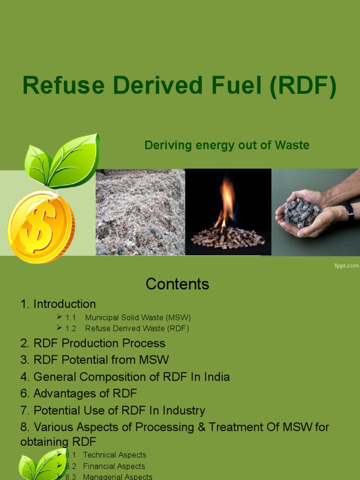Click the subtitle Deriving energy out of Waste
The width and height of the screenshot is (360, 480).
227,145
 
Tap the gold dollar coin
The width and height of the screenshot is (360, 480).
40,226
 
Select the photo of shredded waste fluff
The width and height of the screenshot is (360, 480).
140,212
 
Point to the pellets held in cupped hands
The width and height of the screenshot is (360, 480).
302,213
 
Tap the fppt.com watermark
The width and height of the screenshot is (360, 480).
346,266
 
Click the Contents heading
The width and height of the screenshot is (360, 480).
177,284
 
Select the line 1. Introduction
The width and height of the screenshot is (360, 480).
58,304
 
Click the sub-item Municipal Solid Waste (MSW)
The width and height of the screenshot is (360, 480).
138,317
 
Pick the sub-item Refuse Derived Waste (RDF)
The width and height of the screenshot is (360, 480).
137,329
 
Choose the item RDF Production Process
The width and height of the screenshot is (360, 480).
93,343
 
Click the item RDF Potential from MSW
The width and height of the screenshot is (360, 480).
94,360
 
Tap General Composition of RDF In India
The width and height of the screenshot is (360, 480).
125,377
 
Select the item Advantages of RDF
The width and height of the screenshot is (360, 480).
79,394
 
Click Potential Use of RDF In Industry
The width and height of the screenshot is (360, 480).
113,411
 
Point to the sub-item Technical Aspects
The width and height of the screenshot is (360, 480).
114,455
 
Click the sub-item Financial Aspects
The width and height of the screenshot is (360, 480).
114,466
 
